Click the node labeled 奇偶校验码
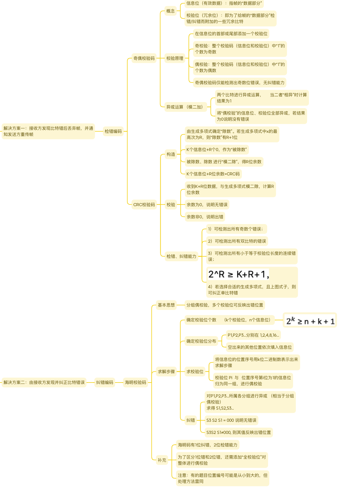144,58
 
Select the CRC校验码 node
144,204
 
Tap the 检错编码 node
113,131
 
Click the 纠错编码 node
105,382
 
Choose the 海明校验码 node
135,382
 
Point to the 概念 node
171,11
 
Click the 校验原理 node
175,58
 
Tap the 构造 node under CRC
171,154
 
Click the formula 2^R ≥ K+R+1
238,274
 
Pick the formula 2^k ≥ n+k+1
310,320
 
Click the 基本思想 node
166,305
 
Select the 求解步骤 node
166,371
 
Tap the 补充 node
162,460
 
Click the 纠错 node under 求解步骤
191,420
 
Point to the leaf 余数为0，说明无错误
207,204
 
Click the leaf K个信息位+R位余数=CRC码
213,174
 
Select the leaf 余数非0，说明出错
205,217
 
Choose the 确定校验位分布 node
201,341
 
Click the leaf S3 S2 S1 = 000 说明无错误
231,420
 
